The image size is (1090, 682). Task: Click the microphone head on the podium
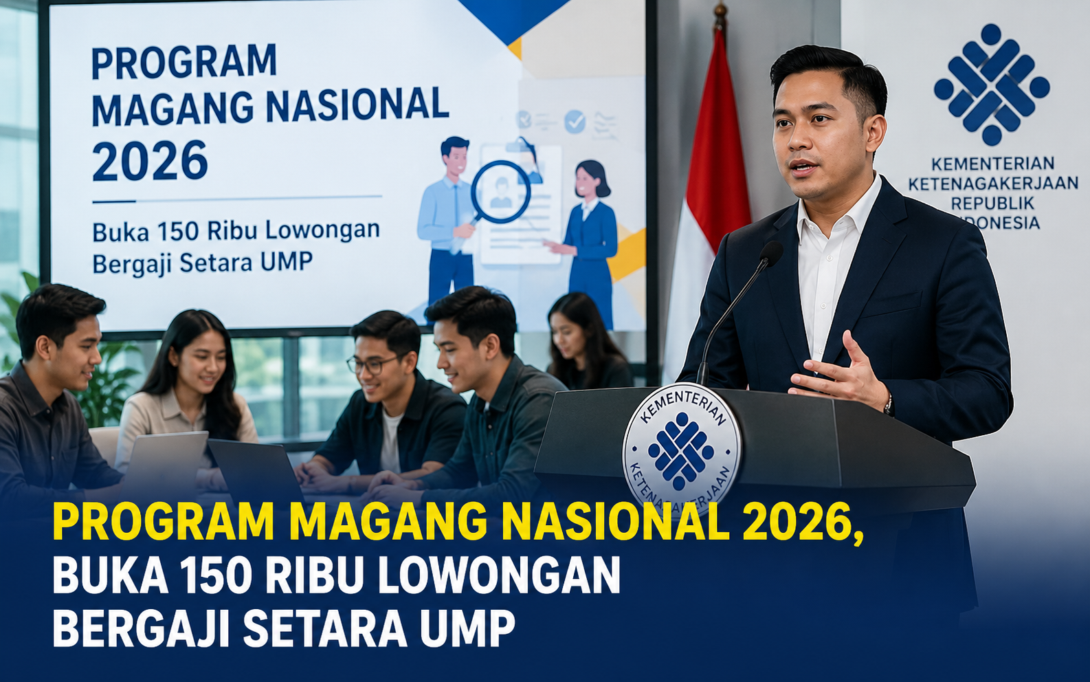771,254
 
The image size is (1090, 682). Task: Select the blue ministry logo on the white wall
991,84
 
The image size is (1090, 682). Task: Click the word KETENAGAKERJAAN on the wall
992,184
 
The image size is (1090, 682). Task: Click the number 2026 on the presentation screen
150,160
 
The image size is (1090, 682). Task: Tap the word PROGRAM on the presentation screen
184,62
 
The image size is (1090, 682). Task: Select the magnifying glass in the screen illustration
496,195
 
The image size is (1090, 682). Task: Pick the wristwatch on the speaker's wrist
889,404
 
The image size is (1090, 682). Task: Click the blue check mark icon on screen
575,121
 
